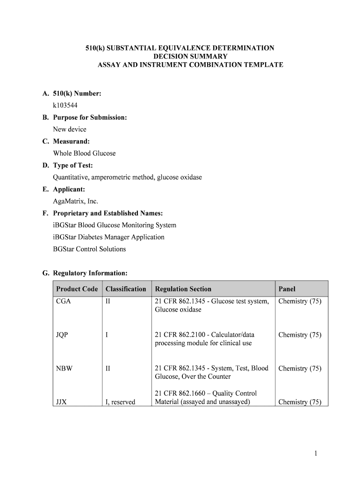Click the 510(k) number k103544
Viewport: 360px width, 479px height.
(65, 105)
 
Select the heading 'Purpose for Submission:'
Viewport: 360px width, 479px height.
(90, 117)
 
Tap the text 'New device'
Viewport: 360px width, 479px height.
(70, 129)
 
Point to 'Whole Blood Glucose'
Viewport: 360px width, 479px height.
(84, 153)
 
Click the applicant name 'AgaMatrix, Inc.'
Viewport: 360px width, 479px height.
(76, 201)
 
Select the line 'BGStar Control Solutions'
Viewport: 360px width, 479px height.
(89, 249)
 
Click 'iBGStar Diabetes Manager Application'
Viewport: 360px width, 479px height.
(108, 237)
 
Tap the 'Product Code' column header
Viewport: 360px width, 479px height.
(77, 289)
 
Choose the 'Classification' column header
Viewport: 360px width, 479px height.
(126, 289)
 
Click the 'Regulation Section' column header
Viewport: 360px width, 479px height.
(183, 289)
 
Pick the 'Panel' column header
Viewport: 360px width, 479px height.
(287, 289)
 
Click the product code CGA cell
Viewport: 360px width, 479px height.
(64, 302)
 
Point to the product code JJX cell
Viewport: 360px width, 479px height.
(61, 402)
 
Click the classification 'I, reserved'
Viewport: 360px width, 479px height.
(121, 402)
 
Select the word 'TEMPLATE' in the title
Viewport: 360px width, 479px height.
(262, 65)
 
